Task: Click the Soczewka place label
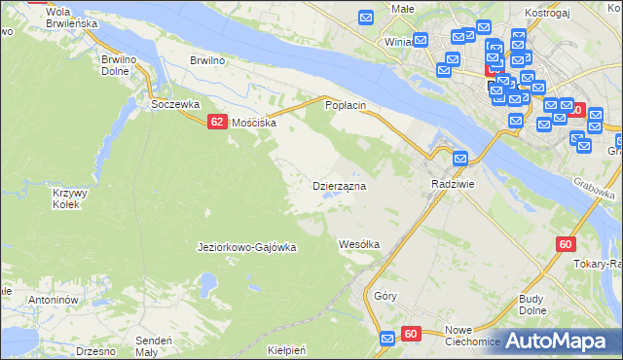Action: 175,103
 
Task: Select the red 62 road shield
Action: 217,121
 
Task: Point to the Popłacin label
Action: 345,104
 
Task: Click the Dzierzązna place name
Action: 339,185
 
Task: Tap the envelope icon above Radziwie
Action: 459,159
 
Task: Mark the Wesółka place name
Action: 358,244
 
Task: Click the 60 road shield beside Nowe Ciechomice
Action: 410,334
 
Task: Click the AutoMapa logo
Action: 565,341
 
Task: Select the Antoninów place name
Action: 53,301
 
